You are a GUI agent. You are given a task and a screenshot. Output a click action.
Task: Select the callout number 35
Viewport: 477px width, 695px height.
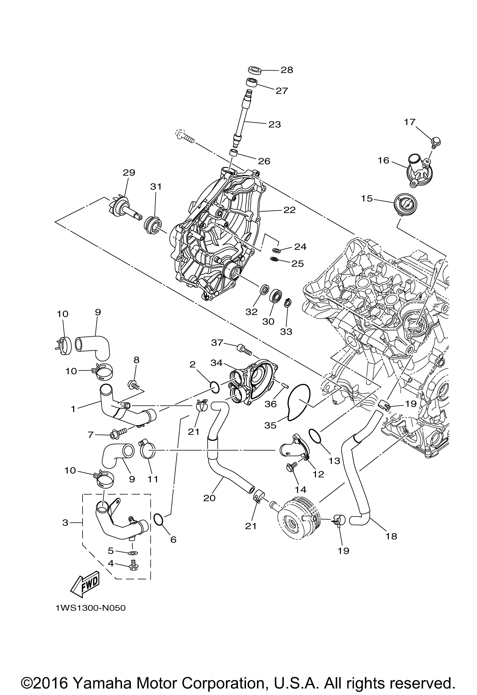pyautogui.click(x=270, y=425)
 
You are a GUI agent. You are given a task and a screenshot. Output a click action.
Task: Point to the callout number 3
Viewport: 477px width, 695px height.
pyautogui.click(x=65, y=523)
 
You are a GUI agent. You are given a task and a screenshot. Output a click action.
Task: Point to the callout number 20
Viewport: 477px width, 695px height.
pyautogui.click(x=209, y=498)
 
